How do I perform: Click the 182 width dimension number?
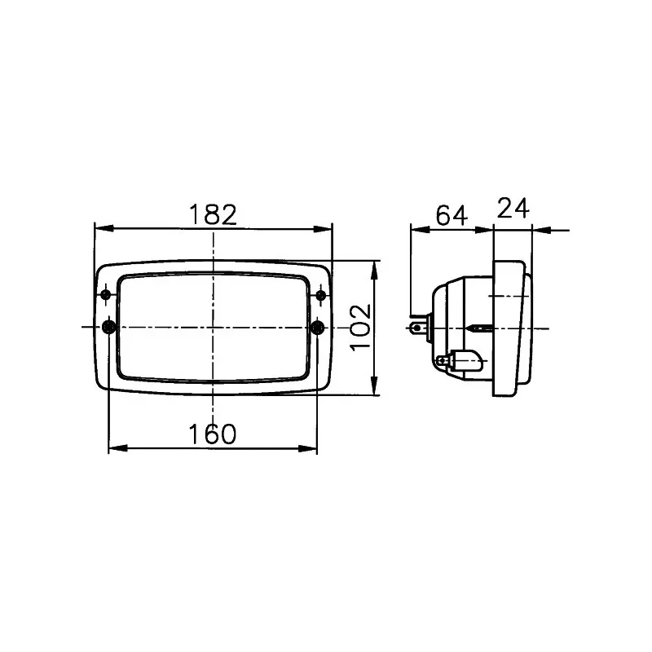213,214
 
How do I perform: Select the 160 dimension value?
213,434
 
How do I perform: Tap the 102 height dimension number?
361,328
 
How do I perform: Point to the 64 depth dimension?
451,216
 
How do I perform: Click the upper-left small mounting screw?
106,294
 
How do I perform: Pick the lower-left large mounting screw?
108,328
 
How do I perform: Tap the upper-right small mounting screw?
321,294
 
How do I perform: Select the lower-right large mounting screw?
319,328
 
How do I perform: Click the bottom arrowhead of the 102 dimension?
375,389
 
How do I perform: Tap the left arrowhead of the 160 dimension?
116,447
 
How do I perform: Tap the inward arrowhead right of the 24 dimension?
540,230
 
